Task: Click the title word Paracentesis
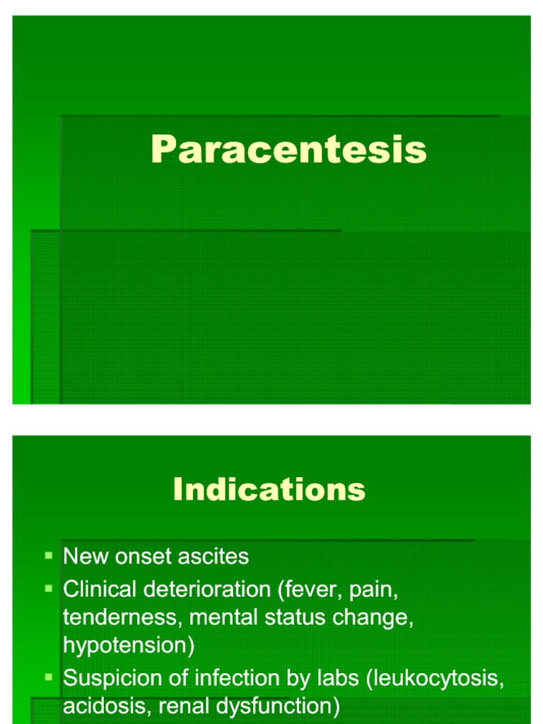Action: [288, 150]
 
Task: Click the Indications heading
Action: [269, 489]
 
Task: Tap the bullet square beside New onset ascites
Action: [49, 556]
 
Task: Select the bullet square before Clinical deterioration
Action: [49, 588]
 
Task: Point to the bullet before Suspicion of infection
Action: [49, 677]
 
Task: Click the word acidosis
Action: [105, 706]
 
